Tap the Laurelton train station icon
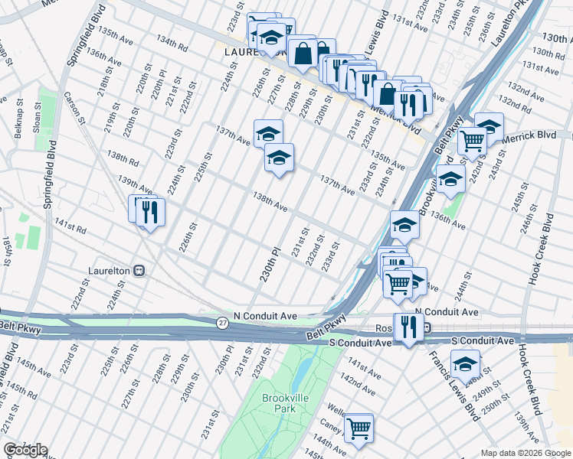tap(139, 270)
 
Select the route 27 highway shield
tap(221, 322)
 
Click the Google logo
tap(25, 450)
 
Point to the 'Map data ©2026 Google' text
tap(525, 453)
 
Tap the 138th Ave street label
tap(270, 202)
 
